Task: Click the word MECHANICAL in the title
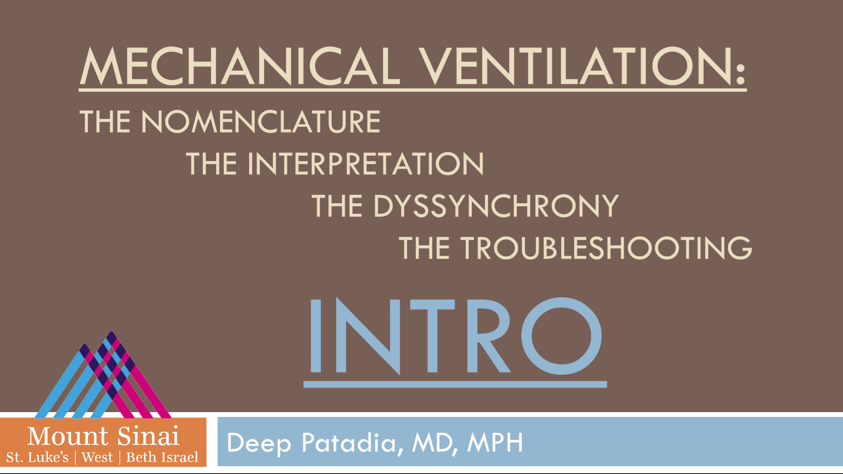click(240, 67)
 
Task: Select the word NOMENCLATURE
click(261, 122)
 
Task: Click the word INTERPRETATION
click(365, 164)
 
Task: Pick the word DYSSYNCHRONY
click(496, 206)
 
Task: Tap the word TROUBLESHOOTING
click(606, 248)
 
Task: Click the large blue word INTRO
click(455, 336)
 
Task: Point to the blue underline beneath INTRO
click(455, 384)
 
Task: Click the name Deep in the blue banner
click(259, 443)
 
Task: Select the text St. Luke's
click(37, 457)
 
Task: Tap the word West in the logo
click(97, 457)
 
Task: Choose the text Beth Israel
click(162, 457)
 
